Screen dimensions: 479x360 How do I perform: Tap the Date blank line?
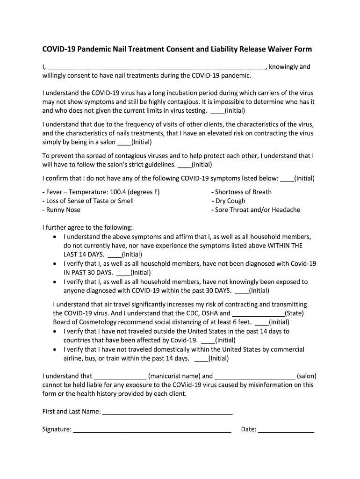pos(286,430)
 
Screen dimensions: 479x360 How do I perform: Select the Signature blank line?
pos(152,430)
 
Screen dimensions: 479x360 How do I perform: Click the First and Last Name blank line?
pos(167,412)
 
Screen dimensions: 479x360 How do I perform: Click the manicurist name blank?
pos(120,376)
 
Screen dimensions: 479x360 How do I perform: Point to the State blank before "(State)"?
pos(258,314)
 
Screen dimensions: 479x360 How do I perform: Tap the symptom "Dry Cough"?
pos(230,201)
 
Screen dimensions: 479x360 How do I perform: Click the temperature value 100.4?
pos(119,192)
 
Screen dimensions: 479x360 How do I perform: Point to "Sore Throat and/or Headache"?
pos(258,210)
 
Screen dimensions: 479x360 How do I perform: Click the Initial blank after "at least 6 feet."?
pos(261,323)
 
